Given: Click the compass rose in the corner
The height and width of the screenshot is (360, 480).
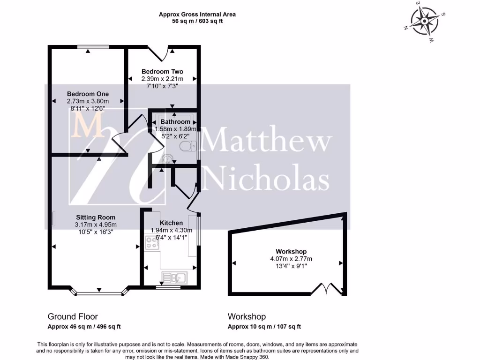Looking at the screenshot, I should click(x=425, y=22).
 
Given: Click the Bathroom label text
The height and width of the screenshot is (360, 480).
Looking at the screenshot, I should click(x=175, y=122).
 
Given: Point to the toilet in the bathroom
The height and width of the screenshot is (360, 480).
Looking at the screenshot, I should click(x=188, y=146).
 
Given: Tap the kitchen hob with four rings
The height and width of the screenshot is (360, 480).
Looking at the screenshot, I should click(x=152, y=242).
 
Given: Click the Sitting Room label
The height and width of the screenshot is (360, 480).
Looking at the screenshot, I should click(x=96, y=217).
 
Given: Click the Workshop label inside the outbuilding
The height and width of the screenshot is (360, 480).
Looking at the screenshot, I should click(x=291, y=252).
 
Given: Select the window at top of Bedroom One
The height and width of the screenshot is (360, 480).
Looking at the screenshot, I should click(x=93, y=46).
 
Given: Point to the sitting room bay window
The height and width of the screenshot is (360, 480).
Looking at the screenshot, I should click(x=100, y=294).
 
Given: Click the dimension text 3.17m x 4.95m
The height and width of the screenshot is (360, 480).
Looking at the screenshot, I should click(x=96, y=225).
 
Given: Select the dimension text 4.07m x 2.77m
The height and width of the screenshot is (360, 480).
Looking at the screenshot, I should click(x=291, y=259).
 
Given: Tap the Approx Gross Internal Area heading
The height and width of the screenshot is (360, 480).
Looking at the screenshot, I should click(x=197, y=15).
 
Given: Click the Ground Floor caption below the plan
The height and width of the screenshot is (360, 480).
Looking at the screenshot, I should click(x=73, y=316).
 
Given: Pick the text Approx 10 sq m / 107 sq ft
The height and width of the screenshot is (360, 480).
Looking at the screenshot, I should click(x=264, y=327).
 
